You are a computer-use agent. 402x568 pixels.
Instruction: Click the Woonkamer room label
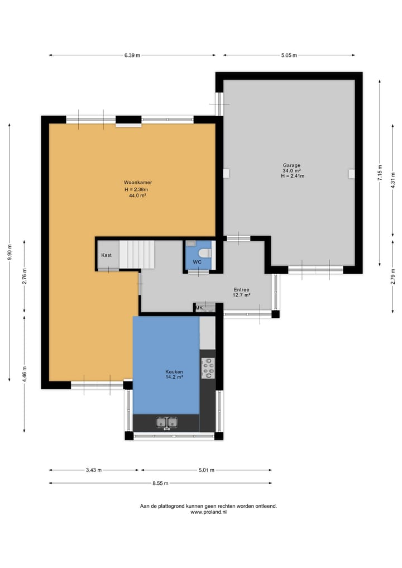click(x=138, y=183)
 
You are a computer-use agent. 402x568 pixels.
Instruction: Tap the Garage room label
click(x=291, y=165)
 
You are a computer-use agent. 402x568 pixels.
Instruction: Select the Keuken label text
click(x=174, y=371)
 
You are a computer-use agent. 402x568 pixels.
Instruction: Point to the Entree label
click(x=241, y=289)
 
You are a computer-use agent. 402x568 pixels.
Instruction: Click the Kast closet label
click(x=106, y=255)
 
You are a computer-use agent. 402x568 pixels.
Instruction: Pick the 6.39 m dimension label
click(x=132, y=55)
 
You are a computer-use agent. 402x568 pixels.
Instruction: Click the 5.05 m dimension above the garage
click(x=289, y=55)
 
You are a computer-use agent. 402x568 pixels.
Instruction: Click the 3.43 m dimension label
click(x=94, y=470)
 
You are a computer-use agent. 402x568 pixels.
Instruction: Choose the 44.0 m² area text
click(x=138, y=195)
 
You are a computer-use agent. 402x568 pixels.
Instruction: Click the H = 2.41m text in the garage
click(x=293, y=176)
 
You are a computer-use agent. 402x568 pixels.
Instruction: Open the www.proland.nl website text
click(x=208, y=512)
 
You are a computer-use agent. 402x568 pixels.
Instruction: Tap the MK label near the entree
click(x=199, y=308)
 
